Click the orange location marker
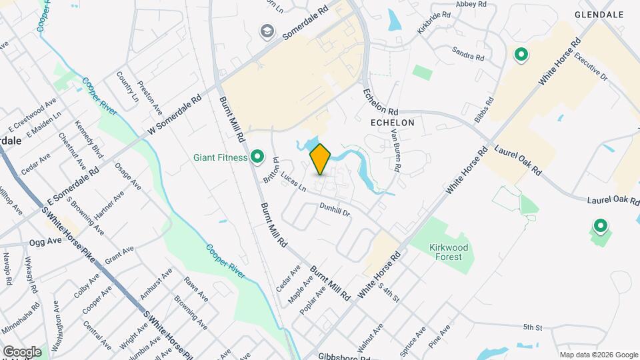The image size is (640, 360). click(x=321, y=159)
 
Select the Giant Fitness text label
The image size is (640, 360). click(x=221, y=158)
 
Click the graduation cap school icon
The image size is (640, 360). click(x=267, y=31)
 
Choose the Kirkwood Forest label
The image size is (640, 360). click(x=448, y=252)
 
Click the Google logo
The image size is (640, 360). click(x=21, y=351)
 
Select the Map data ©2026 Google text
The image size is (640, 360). click(x=599, y=355)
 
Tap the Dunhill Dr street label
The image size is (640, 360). click(x=334, y=209)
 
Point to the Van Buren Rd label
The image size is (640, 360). click(x=395, y=151)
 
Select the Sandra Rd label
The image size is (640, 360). click(x=467, y=53)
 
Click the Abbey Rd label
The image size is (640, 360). click(x=471, y=4)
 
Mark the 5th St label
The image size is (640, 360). click(x=533, y=327)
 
